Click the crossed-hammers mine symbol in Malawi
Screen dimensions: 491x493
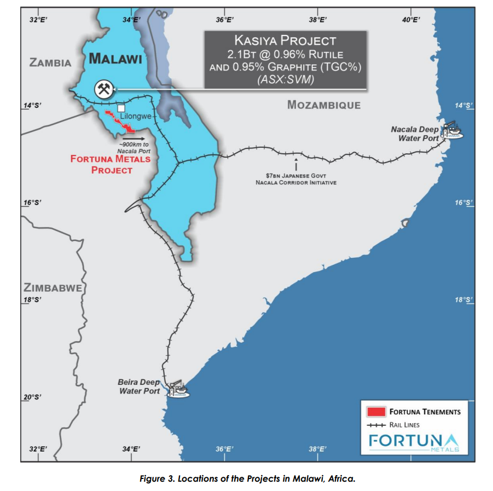pyautogui.click(x=104, y=89)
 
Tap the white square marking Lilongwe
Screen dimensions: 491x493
pyautogui.click(x=121, y=108)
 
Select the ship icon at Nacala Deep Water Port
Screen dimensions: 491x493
pyautogui.click(x=453, y=130)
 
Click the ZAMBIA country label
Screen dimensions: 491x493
pyautogui.click(x=50, y=62)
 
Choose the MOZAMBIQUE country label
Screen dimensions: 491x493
pyautogui.click(x=324, y=105)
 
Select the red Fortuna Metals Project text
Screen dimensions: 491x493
pyautogui.click(x=110, y=164)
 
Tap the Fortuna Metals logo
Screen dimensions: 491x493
pyautogui.click(x=414, y=441)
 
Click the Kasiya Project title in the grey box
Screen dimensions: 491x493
pyautogui.click(x=285, y=40)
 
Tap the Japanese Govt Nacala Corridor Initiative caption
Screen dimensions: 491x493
pyautogui.click(x=296, y=179)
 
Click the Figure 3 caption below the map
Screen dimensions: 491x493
pyautogui.click(x=247, y=478)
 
